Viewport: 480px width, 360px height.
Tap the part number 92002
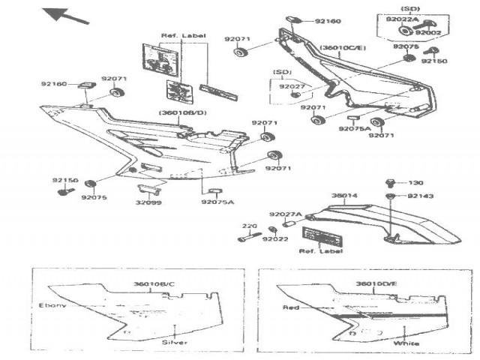428,33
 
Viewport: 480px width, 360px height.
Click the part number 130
416,182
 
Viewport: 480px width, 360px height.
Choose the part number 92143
420,195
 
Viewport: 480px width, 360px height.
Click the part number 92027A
285,214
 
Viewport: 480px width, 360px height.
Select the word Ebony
52,306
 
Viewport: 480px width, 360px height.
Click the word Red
292,308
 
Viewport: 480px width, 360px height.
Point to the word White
409,343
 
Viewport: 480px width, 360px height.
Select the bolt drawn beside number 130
390,182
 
